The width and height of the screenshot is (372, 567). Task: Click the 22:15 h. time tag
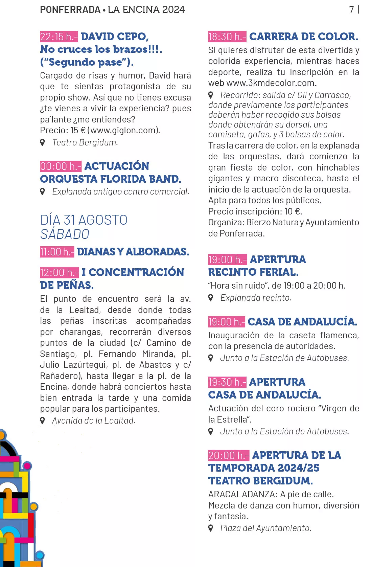pyautogui.click(x=59, y=37)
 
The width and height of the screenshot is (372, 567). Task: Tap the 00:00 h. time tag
pyautogui.click(x=61, y=166)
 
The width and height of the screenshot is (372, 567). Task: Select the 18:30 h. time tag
pyautogui.click(x=227, y=37)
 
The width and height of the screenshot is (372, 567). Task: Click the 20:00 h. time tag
pyautogui.click(x=229, y=455)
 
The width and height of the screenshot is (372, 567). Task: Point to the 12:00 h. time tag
pyautogui.click(x=59, y=272)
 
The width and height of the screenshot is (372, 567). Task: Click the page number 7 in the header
pyautogui.click(x=352, y=9)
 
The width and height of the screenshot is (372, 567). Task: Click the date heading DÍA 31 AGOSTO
pyautogui.click(x=84, y=220)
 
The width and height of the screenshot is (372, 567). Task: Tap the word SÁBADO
pyautogui.click(x=65, y=234)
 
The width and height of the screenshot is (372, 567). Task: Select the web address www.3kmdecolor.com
pyautogui.click(x=271, y=83)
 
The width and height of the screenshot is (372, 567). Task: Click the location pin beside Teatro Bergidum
pyautogui.click(x=43, y=142)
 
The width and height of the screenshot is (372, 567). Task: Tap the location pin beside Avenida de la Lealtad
pyautogui.click(x=43, y=421)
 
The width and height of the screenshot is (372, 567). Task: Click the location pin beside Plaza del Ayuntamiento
pyautogui.click(x=211, y=528)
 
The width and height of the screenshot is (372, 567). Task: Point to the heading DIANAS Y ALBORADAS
pyautogui.click(x=133, y=252)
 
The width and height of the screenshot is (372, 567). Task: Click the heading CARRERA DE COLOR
pyautogui.click(x=303, y=37)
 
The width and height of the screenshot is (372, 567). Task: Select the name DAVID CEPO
pyautogui.click(x=115, y=37)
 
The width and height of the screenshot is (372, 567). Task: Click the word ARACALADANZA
pyautogui.click(x=242, y=494)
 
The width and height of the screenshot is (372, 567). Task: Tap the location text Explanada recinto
pyautogui.click(x=256, y=298)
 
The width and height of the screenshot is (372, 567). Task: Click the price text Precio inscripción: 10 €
pyautogui.click(x=255, y=211)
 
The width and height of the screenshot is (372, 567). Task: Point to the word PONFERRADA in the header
pyautogui.click(x=70, y=9)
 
